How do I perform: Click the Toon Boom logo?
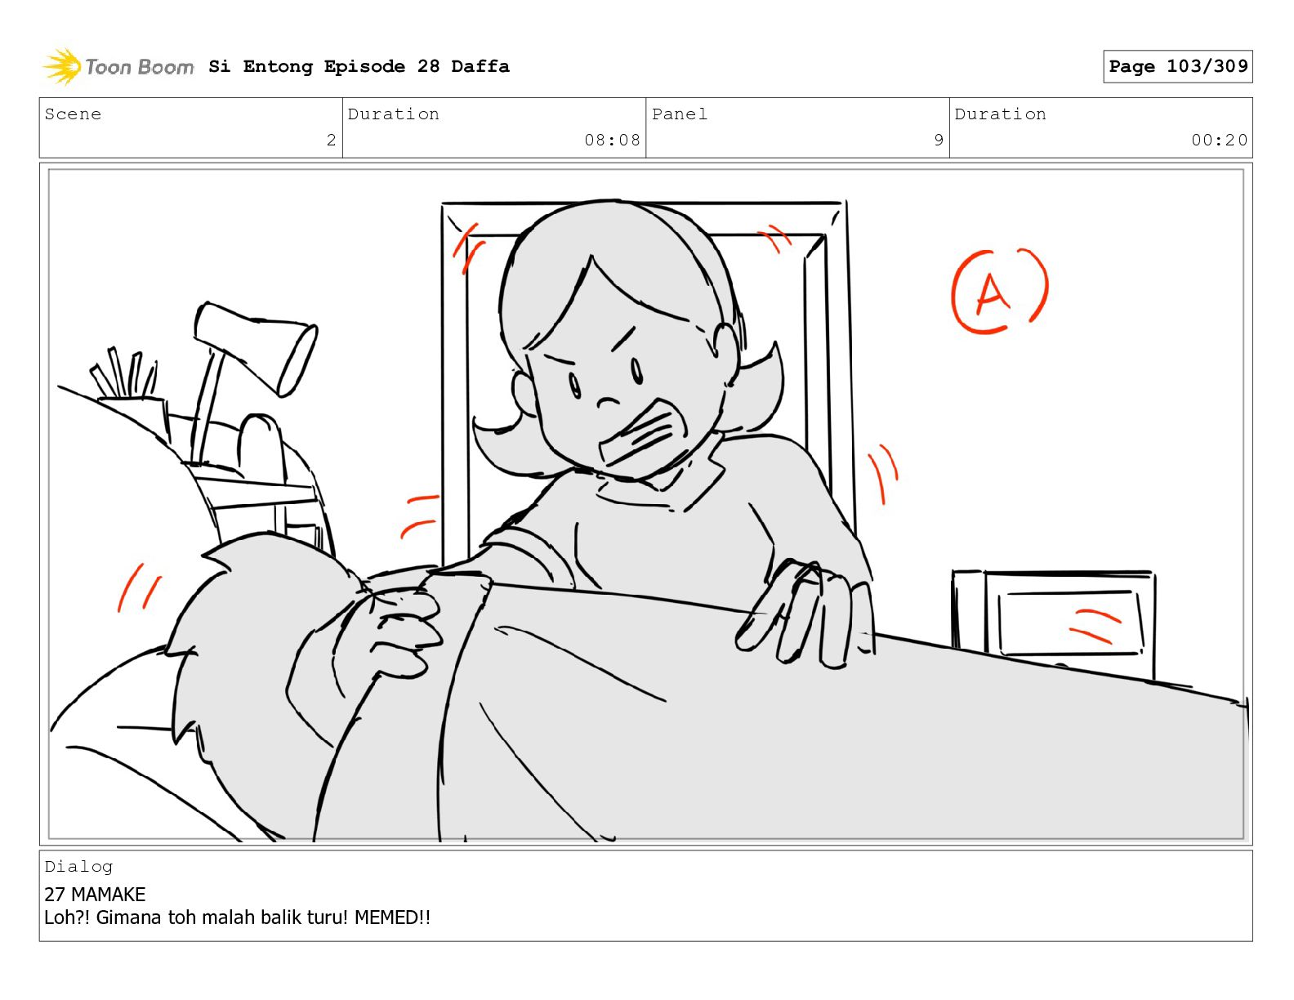(118, 66)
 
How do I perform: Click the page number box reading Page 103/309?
(1177, 66)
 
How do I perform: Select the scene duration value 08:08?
(612, 140)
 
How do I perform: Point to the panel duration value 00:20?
(1219, 140)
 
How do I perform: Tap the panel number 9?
(939, 140)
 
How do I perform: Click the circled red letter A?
(999, 291)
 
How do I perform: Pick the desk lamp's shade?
(256, 348)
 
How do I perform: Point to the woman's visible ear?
(726, 348)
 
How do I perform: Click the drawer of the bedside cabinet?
(1071, 623)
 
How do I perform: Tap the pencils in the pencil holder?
(124, 373)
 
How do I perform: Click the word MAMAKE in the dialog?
(108, 895)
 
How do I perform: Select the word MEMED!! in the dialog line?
(392, 917)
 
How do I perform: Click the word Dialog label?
(78, 867)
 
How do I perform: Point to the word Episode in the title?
(364, 66)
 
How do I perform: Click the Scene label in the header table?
(73, 114)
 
